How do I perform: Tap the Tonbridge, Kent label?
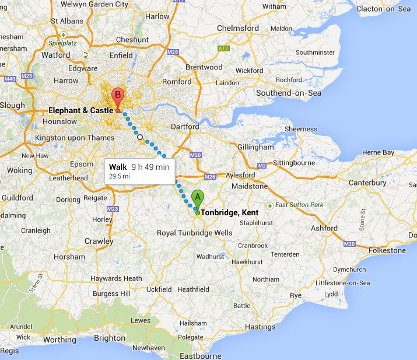[x=230, y=213]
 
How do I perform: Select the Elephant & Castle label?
[x=80, y=110]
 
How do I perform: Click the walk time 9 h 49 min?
[x=150, y=167]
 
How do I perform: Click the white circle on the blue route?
[x=140, y=137]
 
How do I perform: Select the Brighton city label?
[x=110, y=338]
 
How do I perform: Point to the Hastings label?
[x=260, y=327]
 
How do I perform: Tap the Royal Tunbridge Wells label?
[x=194, y=233]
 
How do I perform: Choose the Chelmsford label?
[x=238, y=28]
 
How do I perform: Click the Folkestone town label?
[x=384, y=250]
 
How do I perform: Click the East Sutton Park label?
[x=299, y=205]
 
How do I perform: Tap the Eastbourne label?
[x=201, y=355]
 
